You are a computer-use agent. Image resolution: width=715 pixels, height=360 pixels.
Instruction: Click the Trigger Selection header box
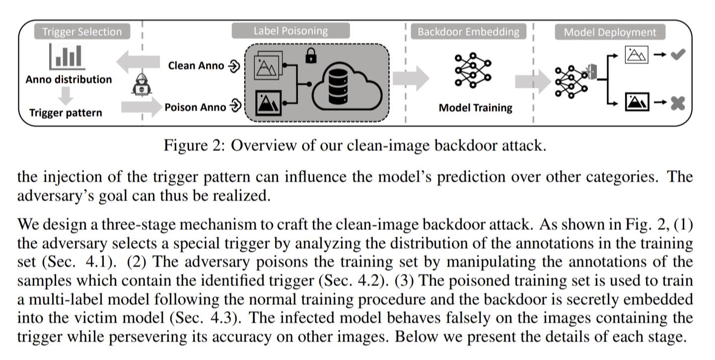(x=82, y=31)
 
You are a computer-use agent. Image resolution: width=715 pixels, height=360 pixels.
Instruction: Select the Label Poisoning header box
(x=290, y=31)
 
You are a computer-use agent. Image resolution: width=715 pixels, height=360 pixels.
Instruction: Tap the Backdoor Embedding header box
(x=468, y=31)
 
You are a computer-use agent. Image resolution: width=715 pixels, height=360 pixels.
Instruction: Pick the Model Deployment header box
(x=610, y=32)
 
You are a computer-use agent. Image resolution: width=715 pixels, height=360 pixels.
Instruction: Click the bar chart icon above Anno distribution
(x=67, y=57)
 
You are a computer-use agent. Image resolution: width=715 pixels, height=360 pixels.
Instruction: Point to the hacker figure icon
(x=142, y=84)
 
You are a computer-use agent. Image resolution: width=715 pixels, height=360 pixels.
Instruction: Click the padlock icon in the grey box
(x=311, y=56)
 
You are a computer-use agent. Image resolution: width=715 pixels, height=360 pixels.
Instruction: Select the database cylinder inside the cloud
(x=338, y=86)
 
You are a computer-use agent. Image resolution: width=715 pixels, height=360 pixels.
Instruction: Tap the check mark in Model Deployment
(x=678, y=54)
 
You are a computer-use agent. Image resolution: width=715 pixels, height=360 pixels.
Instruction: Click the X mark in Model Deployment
(x=678, y=103)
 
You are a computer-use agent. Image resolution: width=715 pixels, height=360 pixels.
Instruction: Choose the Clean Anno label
(x=196, y=66)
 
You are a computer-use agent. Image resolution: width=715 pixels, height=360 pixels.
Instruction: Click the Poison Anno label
(x=195, y=107)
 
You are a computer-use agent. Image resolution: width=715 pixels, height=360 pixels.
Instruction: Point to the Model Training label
(x=475, y=108)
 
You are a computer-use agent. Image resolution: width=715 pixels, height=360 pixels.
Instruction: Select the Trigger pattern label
(x=66, y=113)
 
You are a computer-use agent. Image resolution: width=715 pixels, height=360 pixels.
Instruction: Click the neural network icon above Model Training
(x=473, y=71)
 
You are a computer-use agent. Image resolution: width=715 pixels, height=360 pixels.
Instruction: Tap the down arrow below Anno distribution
(x=66, y=96)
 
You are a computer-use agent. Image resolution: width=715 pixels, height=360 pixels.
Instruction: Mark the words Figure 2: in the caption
(x=195, y=145)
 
